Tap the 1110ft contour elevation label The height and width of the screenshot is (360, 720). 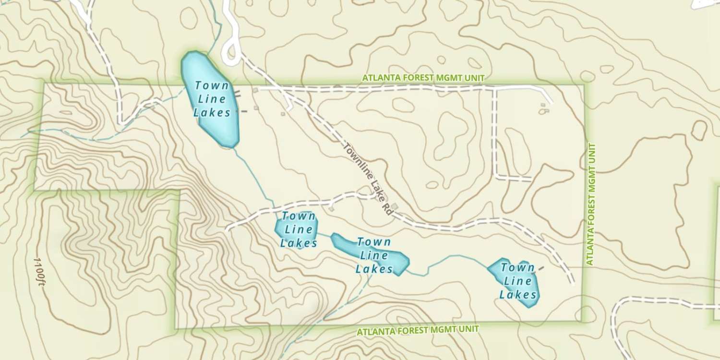tap(39, 271)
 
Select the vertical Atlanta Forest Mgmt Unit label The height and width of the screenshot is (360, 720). tap(590, 204)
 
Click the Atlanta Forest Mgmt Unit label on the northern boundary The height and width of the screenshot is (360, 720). tap(423, 78)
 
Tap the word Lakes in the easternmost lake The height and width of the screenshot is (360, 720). tap(517, 294)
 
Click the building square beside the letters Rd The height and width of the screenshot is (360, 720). tap(395, 206)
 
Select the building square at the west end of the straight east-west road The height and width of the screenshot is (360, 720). tap(255, 90)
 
